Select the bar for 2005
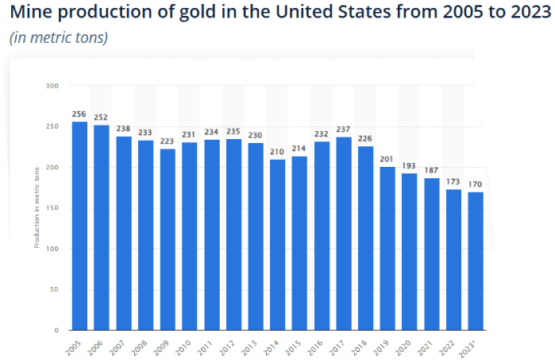[x=79, y=226]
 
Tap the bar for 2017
[x=343, y=234]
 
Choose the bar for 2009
[x=168, y=239]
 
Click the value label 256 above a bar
[x=79, y=114]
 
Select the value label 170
[x=475, y=184]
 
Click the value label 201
[x=387, y=160]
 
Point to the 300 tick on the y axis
[x=52, y=85]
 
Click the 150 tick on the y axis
[x=52, y=207]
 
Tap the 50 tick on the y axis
[x=55, y=289]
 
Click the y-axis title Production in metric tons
[x=37, y=207]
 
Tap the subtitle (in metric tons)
[x=58, y=38]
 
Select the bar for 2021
[x=431, y=254]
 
